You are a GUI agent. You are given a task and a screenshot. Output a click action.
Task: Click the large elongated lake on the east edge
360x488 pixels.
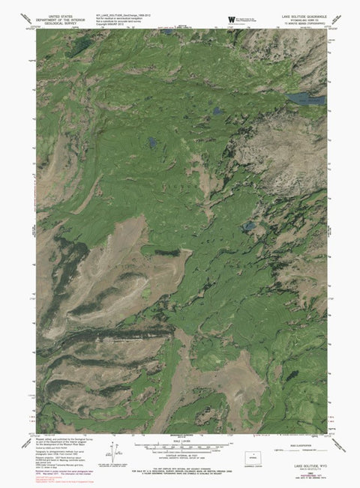(308, 98)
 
